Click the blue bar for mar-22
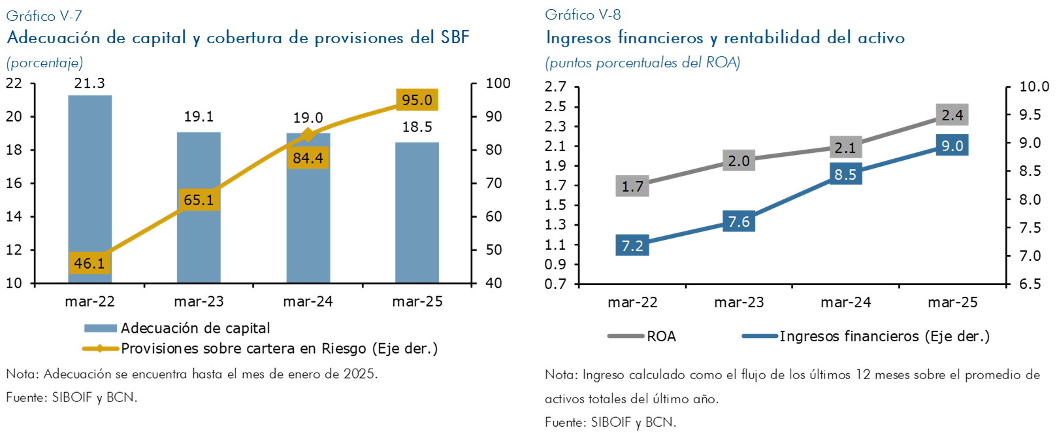coord(89,176)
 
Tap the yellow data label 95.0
coord(417,100)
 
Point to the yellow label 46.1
coord(89,263)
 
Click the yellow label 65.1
coord(199,199)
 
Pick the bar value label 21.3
coord(89,84)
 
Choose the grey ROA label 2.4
coord(952,115)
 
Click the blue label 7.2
coord(632,246)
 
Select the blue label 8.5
coord(845,175)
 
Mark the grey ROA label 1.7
coord(632,186)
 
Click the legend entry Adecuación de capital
coord(195,328)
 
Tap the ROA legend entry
coord(661,336)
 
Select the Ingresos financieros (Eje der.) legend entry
coord(884,336)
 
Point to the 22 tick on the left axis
coord(14,84)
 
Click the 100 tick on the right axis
coord(498,84)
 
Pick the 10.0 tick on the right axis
coord(1034,86)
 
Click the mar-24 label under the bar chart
coord(308,301)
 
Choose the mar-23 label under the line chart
coord(739,302)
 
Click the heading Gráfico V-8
coord(583,14)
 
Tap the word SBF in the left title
coord(455,37)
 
